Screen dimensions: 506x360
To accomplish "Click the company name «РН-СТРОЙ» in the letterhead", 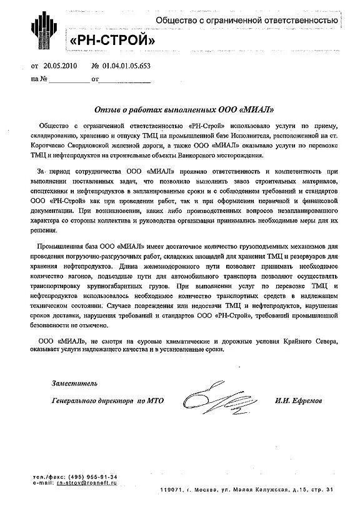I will [x=112, y=40].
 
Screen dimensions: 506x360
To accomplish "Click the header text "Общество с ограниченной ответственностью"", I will [x=247, y=21].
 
